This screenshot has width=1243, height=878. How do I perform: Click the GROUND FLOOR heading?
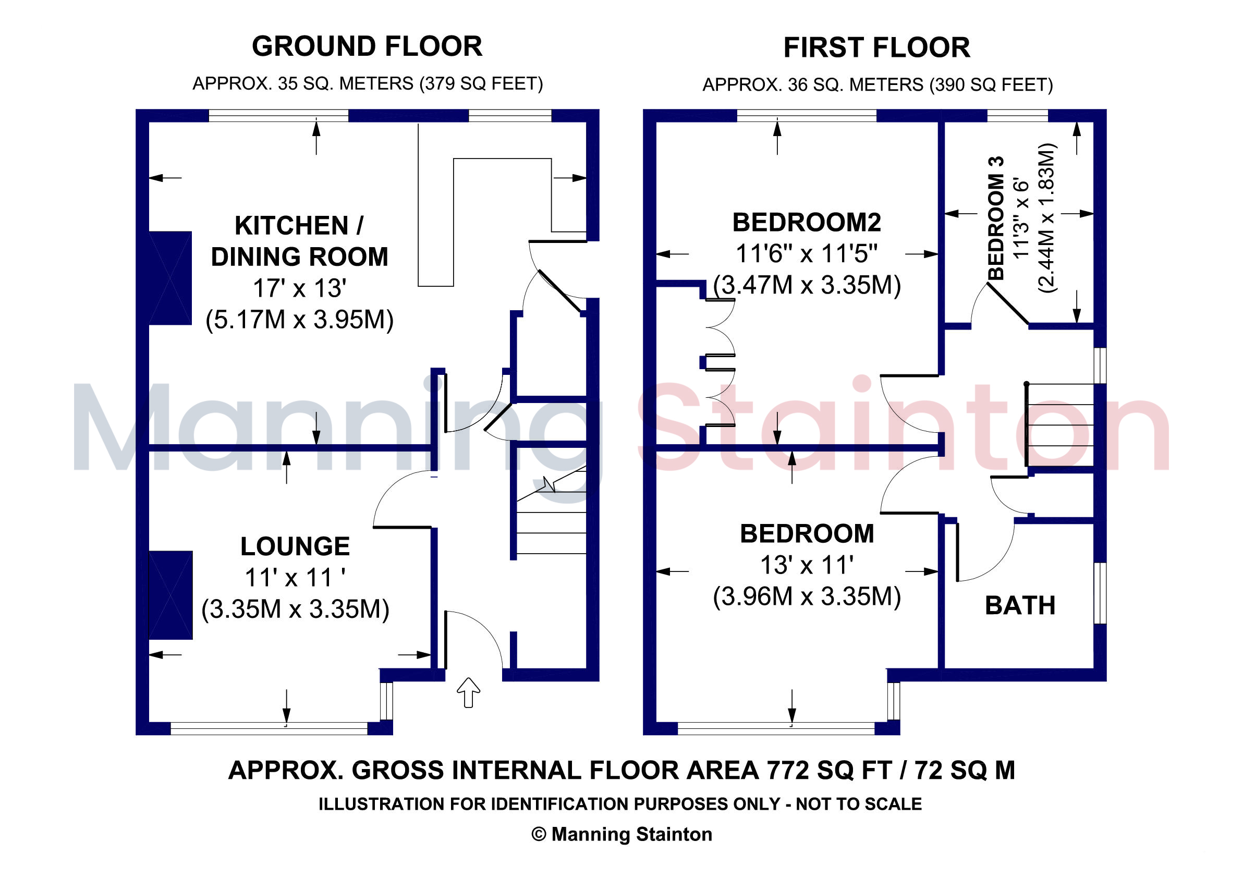coord(367,46)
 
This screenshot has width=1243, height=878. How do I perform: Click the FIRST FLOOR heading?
coord(876,47)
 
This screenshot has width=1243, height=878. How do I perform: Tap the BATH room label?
coord(1020,605)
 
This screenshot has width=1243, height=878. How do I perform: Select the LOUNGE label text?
coord(295,546)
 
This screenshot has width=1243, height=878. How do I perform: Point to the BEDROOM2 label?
coord(807,222)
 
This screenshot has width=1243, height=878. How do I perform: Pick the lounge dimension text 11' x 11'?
coord(295,578)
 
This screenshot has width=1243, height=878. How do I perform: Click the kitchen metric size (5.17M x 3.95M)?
coord(299,320)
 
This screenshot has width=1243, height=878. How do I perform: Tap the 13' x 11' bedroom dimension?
coord(807,565)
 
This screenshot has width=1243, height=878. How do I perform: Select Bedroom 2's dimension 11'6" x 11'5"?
coord(807,253)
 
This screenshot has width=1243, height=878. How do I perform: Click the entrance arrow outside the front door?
coord(468,692)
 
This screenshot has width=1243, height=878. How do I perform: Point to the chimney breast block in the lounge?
coord(170,595)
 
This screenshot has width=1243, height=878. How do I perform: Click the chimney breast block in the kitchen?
coord(170,278)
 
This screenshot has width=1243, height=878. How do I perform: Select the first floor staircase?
coord(1059,424)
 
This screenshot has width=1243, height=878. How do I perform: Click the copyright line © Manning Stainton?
coord(621,834)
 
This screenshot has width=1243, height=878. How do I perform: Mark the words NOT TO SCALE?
coord(859,804)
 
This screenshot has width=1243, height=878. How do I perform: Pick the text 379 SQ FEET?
coord(481,84)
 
